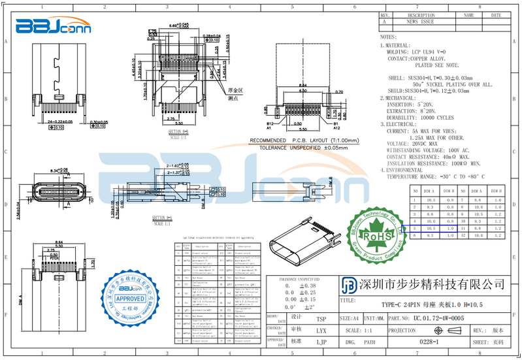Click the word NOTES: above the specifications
pyautogui.click(x=388, y=38)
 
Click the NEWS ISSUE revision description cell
pyautogui.click(x=421, y=22)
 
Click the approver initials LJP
pyautogui.click(x=321, y=341)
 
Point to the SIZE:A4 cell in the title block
pyautogui.click(x=350, y=318)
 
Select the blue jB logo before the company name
pyautogui.click(x=350, y=285)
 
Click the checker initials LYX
pyautogui.click(x=321, y=330)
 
